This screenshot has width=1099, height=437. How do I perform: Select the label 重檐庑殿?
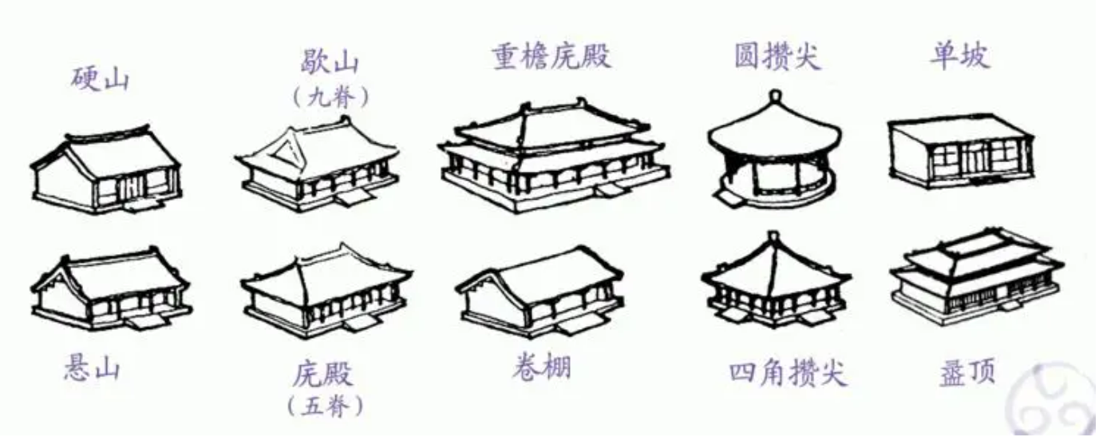click(551, 57)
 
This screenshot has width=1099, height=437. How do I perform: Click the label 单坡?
click(959, 57)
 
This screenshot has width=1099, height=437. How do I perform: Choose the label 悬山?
click(92, 368)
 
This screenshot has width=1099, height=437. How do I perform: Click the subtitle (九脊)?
click(328, 97)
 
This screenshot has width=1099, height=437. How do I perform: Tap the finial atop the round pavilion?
click(773, 98)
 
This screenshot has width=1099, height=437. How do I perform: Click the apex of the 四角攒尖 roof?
click(772, 236)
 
